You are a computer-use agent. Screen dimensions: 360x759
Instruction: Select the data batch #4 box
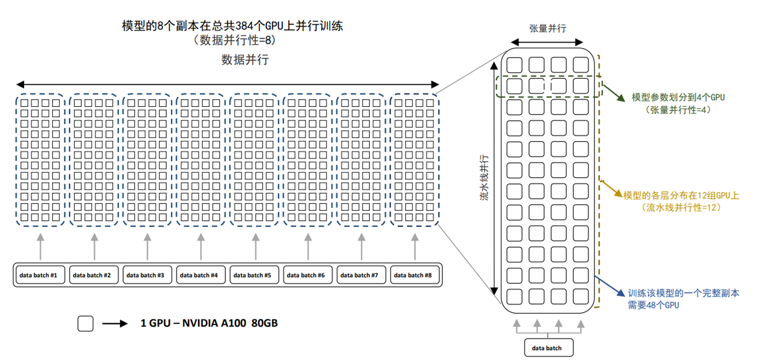click(x=201, y=275)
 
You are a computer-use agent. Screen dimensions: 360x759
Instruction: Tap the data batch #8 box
click(x=414, y=275)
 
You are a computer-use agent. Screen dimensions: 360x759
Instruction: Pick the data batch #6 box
click(x=307, y=275)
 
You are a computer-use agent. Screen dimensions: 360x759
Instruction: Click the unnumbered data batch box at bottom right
click(x=548, y=348)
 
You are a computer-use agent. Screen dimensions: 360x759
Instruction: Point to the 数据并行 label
click(x=245, y=60)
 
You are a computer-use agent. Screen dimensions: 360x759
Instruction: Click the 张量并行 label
click(x=547, y=28)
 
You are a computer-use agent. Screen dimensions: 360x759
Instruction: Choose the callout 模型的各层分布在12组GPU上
click(x=681, y=195)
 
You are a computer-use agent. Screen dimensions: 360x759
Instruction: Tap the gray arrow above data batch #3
click(x=147, y=246)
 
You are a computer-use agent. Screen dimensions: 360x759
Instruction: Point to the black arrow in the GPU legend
click(x=115, y=324)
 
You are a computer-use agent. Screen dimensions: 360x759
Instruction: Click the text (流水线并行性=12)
click(x=681, y=207)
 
